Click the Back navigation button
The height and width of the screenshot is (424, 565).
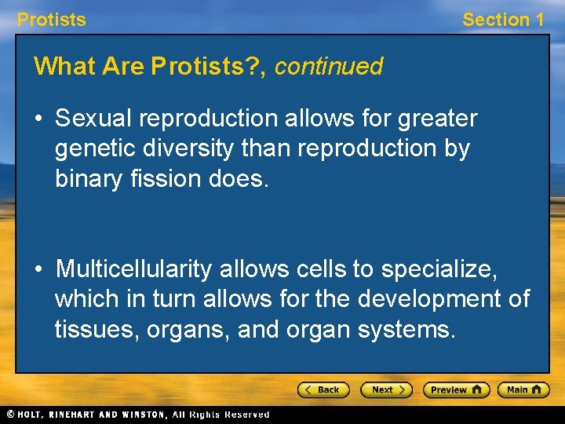click(x=323, y=389)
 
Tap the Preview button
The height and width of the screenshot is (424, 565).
click(x=456, y=389)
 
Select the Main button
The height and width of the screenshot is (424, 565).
click(x=523, y=389)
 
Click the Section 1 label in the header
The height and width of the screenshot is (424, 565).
click(x=502, y=20)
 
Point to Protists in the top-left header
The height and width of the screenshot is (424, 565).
click(x=52, y=20)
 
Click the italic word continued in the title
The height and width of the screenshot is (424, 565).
click(x=328, y=67)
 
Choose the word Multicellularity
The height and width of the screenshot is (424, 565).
click(x=134, y=269)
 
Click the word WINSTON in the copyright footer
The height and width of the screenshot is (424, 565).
click(x=144, y=415)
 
